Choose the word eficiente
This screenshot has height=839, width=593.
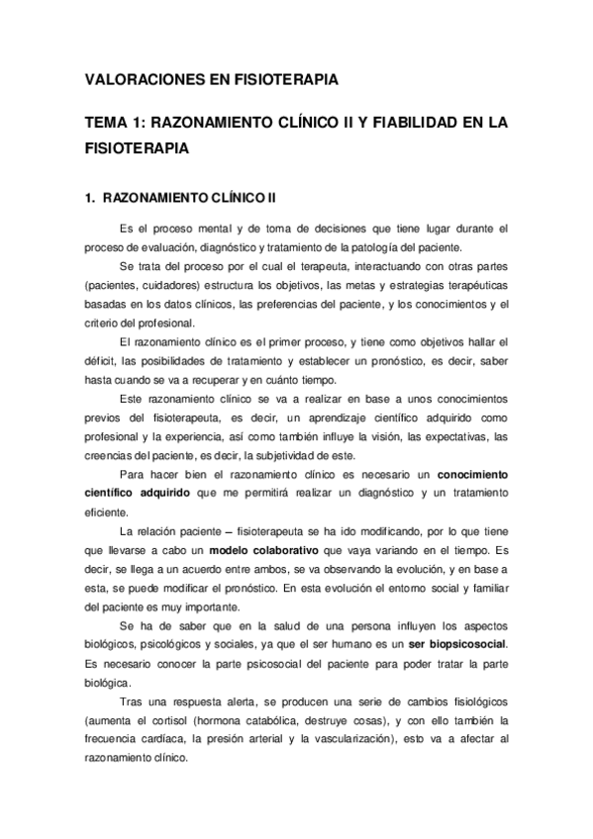(110, 513)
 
